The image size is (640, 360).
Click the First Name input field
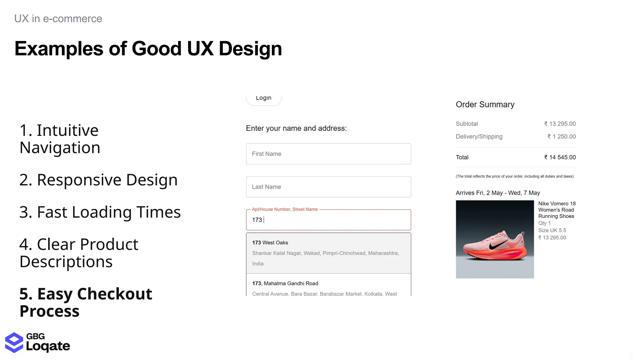tap(328, 154)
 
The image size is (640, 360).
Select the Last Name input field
tap(328, 187)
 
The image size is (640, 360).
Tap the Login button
tap(263, 98)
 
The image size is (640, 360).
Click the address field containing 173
tap(328, 220)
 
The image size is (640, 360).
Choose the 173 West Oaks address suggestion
tap(328, 253)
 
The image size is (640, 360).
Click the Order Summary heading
tap(485, 104)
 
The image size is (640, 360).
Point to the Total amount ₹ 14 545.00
tap(560, 157)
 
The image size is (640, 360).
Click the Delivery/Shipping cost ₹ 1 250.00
tap(561, 137)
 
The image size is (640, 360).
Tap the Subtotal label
tap(467, 124)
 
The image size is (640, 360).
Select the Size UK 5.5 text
tap(552, 230)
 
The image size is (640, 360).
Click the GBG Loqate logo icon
tap(14, 342)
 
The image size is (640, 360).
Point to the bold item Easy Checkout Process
tap(85, 302)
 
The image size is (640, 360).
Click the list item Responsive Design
tap(98, 180)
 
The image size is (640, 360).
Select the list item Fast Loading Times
tap(100, 212)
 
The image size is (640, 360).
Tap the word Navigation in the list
tap(60, 148)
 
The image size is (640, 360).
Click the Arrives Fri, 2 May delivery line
tap(497, 193)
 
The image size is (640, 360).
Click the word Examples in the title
tap(59, 49)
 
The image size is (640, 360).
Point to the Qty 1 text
tap(544, 223)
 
